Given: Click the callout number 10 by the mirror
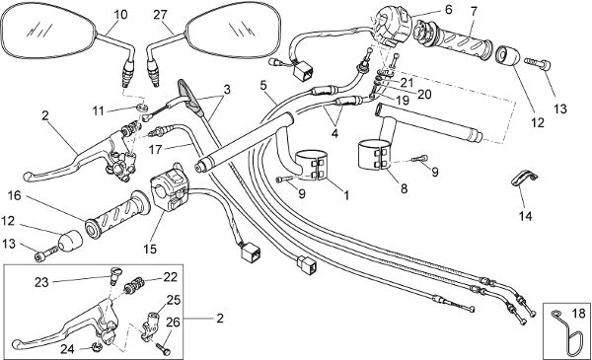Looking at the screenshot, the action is [120, 15].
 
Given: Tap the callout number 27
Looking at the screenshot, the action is [160, 15].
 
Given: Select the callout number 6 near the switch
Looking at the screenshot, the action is [448, 10].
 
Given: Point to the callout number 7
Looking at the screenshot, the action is [474, 11].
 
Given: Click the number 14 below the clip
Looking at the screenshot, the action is [526, 216].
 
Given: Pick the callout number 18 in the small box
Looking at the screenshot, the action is [577, 313].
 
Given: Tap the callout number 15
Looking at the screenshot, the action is [150, 250].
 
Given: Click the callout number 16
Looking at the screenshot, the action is [15, 196].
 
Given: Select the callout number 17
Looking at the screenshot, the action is [155, 150].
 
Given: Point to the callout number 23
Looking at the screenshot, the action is [41, 282].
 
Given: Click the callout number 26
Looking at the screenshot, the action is [174, 323].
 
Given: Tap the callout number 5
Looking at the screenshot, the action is [263, 85].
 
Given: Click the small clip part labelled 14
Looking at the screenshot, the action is [525, 179].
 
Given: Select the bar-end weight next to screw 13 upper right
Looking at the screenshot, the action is [507, 57].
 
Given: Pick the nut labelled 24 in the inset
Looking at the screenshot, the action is [97, 347].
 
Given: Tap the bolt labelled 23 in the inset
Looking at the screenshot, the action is [112, 274].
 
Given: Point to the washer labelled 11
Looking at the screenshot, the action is [141, 108].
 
